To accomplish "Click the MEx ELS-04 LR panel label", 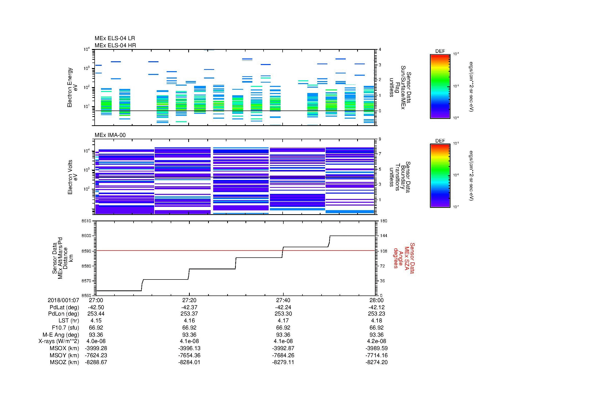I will click(115, 38).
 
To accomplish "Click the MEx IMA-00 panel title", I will click(110, 135).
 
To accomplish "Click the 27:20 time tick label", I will click(190, 300).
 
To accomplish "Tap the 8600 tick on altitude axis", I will click(86, 236).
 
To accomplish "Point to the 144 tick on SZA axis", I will click(383, 236).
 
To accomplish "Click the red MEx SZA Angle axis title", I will click(404, 258).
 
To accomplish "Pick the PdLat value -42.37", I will click(190, 307).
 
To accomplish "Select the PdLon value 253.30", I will click(283, 314).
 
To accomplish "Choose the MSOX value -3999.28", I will click(96, 348).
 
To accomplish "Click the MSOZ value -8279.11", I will click(283, 362).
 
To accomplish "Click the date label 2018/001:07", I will click(63, 300).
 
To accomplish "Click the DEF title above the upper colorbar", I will click(440, 51).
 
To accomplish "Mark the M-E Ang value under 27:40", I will click(283, 335).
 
